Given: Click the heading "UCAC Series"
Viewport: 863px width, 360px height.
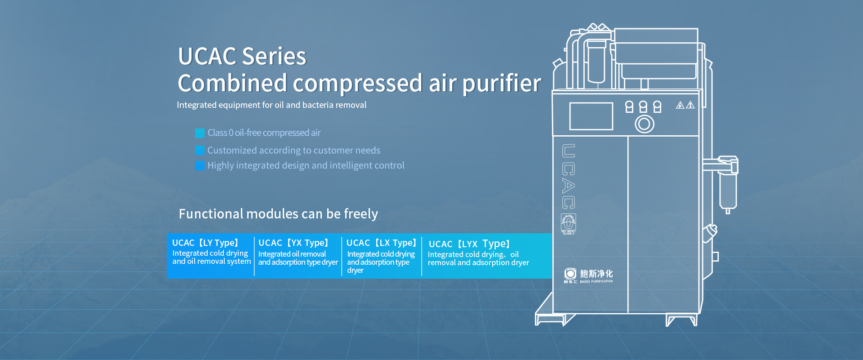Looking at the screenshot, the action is coord(242,56).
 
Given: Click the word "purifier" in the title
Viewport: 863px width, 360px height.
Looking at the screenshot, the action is coord(502,84).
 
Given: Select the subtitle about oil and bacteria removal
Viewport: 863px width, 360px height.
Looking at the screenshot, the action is coord(271,105).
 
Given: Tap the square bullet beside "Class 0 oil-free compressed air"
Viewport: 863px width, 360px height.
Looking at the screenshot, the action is coord(200,133).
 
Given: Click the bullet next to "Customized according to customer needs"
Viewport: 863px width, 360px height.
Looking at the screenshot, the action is coord(200,150).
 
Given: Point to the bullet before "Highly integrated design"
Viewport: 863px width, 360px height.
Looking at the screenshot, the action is coord(200,165).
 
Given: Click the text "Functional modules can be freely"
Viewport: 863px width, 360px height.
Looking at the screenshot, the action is coord(278,214).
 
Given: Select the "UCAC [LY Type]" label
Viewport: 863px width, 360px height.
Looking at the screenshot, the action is coord(205,243).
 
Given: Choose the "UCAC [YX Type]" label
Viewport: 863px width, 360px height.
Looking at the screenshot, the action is coord(294,243).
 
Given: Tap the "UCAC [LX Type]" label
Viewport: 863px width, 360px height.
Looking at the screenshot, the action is coord(382,243).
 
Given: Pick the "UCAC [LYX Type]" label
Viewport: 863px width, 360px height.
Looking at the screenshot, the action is coord(469,244).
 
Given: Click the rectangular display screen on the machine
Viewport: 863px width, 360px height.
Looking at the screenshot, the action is coord(591,116).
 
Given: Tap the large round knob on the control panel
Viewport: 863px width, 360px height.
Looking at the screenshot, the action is coord(644,124).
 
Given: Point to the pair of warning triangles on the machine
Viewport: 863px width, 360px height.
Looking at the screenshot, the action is coord(685,105).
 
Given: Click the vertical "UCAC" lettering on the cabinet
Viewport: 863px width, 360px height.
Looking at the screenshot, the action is coord(569,176).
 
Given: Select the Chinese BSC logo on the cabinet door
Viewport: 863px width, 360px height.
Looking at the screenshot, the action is coord(588,276).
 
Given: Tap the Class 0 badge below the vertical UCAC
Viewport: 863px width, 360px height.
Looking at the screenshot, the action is coord(569,224).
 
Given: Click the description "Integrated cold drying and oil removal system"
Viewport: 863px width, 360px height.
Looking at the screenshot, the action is coord(212,258).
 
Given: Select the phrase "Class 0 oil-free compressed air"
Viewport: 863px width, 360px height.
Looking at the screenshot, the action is coord(264,133).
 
